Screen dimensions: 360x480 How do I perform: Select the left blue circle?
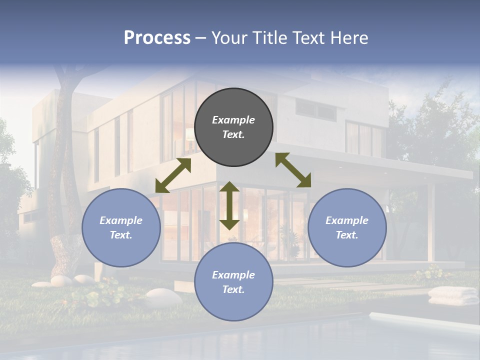pyautogui.click(x=121, y=227)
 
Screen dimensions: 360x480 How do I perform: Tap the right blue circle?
pyautogui.click(x=347, y=227)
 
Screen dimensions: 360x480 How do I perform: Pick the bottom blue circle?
pyautogui.click(x=233, y=282)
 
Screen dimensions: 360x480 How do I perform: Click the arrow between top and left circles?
pyautogui.click(x=173, y=175)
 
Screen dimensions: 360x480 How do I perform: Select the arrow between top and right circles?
pyautogui.click(x=293, y=170)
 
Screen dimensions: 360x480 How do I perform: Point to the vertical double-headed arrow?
pyautogui.click(x=229, y=205)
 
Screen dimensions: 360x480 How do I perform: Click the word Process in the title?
pyautogui.click(x=157, y=38)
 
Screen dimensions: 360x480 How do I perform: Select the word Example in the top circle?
pyautogui.click(x=233, y=120)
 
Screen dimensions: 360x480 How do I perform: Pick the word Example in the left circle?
pyautogui.click(x=121, y=220)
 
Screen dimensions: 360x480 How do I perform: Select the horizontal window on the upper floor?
pyautogui.click(x=315, y=108)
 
